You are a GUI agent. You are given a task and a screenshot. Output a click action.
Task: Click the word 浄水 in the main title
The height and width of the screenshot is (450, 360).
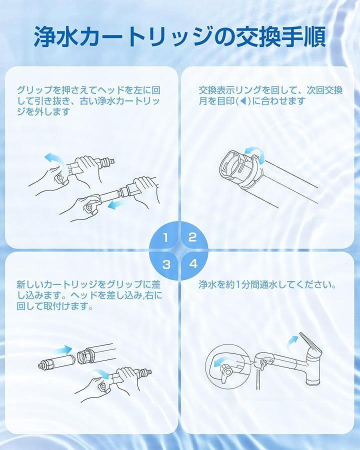[x=54, y=36]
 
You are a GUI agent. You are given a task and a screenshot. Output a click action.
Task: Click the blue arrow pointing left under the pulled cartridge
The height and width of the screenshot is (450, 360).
[x=117, y=204]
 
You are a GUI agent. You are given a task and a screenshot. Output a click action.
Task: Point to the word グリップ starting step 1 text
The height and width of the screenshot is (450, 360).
[x=35, y=90]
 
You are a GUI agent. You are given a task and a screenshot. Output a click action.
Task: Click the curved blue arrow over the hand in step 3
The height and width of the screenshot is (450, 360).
[x=99, y=373]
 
